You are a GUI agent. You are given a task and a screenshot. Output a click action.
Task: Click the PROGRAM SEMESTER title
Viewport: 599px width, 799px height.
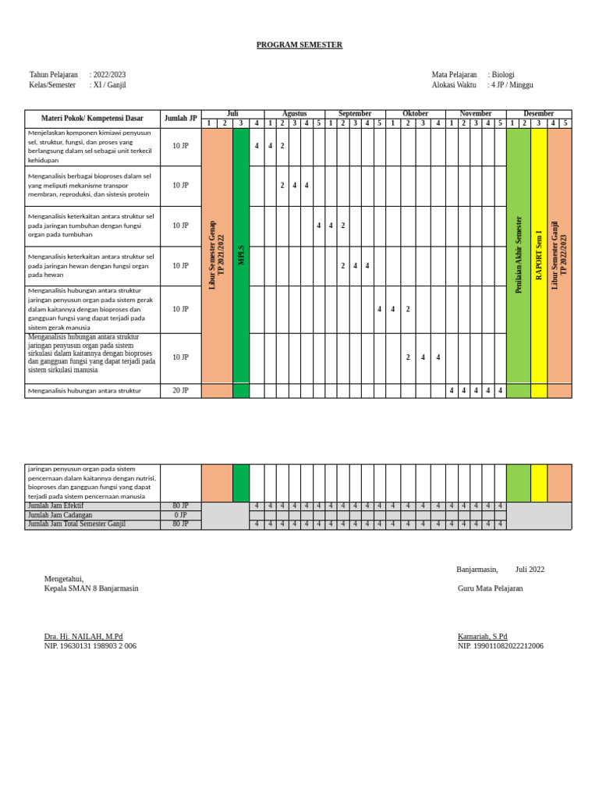(x=299, y=45)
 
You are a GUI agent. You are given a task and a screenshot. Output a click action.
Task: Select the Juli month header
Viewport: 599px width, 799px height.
(x=232, y=114)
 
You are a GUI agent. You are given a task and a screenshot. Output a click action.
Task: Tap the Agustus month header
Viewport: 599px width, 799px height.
(x=294, y=114)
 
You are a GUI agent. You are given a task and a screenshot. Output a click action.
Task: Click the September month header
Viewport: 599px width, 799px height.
(x=355, y=114)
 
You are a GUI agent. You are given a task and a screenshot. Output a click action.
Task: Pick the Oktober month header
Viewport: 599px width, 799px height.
(x=415, y=114)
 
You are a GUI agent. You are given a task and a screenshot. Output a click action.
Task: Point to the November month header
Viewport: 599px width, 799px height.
(x=476, y=114)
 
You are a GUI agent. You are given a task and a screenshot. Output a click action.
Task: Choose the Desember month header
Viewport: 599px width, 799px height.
(x=539, y=114)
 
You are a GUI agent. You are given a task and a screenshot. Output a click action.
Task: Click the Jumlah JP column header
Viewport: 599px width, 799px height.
(x=180, y=119)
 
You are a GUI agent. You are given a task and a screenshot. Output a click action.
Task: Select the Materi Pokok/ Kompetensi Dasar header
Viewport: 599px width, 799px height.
(x=92, y=119)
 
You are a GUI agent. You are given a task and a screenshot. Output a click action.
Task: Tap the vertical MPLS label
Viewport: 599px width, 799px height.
(x=241, y=255)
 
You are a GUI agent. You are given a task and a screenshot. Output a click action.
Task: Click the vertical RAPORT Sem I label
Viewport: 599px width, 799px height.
(x=539, y=255)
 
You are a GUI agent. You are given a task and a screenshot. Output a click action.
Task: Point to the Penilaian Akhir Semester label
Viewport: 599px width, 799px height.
(x=519, y=255)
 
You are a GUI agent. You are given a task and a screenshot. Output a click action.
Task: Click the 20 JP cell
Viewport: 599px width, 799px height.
(x=180, y=391)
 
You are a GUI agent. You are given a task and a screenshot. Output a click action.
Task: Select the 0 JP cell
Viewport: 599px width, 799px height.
(x=180, y=516)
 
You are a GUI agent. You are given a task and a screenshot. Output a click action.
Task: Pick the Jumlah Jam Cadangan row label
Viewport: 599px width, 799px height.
(x=60, y=516)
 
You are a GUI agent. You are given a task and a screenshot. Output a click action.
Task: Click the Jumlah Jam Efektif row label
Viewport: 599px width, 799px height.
(x=55, y=506)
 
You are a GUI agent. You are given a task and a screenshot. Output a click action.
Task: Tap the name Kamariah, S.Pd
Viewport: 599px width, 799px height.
(x=482, y=637)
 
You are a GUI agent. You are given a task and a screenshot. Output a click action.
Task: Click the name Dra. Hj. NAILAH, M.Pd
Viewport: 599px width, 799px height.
(x=83, y=637)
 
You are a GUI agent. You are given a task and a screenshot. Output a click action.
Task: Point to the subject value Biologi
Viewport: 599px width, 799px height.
(x=503, y=75)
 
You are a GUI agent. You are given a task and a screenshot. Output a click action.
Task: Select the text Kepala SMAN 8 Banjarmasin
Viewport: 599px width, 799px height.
(x=91, y=588)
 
